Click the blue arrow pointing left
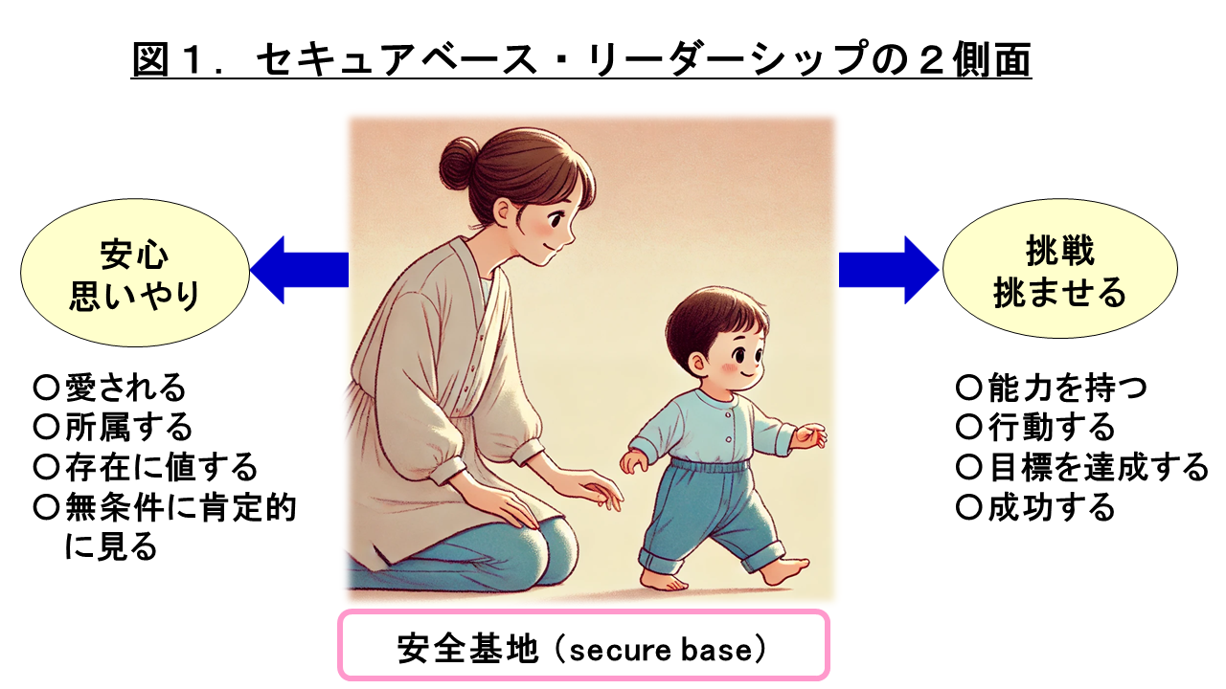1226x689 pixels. tap(300, 270)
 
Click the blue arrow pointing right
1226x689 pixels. tap(889, 270)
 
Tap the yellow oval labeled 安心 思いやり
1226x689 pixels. tap(135, 273)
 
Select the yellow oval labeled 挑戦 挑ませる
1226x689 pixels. tap(1059, 269)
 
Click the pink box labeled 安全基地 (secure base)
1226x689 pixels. tap(583, 645)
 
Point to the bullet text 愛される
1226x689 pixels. tap(125, 388)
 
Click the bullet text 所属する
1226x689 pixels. tap(128, 427)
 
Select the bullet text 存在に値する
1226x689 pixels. tap(161, 467)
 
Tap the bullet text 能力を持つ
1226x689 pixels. tap(1067, 388)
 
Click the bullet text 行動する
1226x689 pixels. tap(1051, 427)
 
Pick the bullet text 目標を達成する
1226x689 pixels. tap(1098, 467)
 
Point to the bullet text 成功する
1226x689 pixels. tap(1051, 507)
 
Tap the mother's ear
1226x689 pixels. tap(502, 211)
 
